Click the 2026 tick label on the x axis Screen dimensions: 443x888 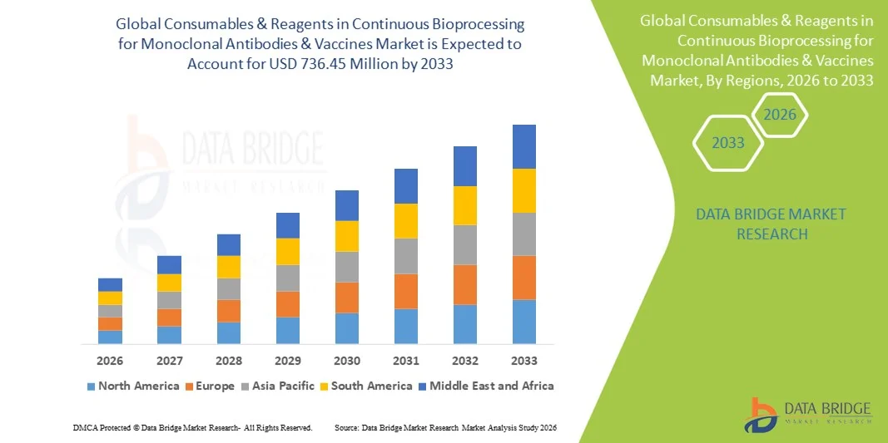(x=110, y=361)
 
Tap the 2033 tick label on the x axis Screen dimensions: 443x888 (x=524, y=361)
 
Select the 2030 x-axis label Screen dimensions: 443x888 (x=347, y=361)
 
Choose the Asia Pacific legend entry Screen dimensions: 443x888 (x=278, y=386)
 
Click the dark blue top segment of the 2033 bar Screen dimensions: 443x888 (x=524, y=146)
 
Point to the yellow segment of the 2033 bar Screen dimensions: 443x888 (x=524, y=190)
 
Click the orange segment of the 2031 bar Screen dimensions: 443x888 (x=406, y=291)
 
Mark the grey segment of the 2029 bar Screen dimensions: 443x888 (x=288, y=278)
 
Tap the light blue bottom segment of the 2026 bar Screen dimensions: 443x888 (x=110, y=337)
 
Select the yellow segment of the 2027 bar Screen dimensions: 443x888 (x=170, y=283)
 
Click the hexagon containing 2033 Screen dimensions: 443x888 (x=728, y=143)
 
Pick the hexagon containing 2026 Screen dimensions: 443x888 (x=781, y=115)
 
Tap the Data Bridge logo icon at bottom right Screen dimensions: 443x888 (x=759, y=415)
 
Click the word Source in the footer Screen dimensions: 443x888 (x=346, y=427)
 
